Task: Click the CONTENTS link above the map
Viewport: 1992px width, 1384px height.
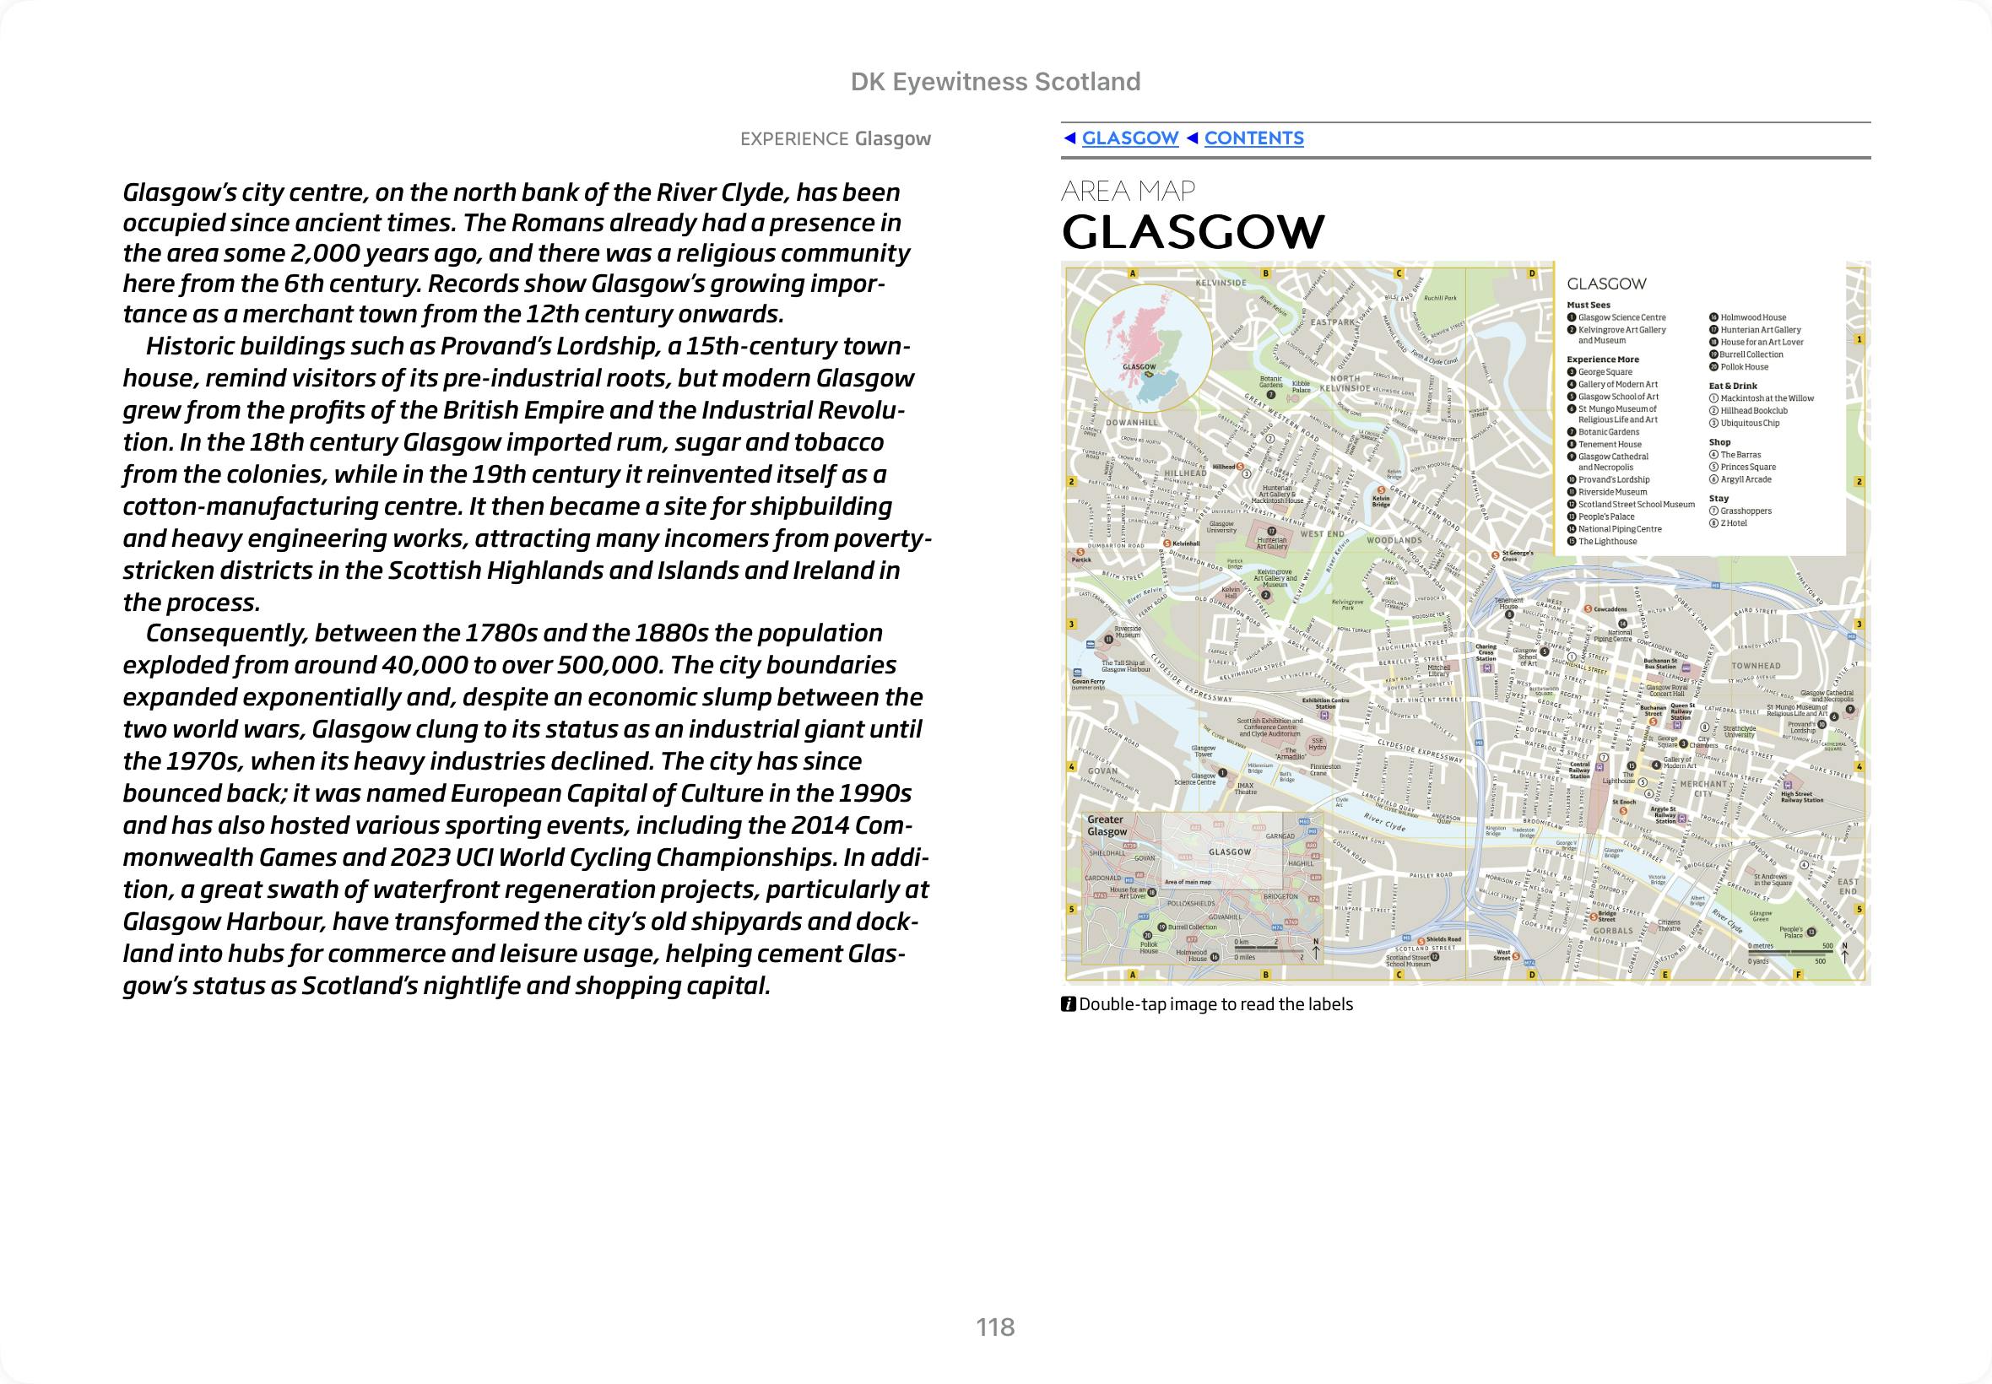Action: click(1253, 138)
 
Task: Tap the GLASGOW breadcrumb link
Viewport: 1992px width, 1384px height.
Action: click(1129, 138)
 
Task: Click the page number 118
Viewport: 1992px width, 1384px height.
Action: click(994, 1327)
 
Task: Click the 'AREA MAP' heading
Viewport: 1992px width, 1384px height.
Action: click(1129, 191)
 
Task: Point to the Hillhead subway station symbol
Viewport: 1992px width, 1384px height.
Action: click(1239, 468)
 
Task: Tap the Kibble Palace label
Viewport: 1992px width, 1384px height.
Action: click(1301, 386)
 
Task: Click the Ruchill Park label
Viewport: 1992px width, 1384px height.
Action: click(1440, 298)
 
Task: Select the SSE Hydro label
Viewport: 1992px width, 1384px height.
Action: click(1318, 744)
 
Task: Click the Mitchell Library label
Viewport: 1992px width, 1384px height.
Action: click(1439, 670)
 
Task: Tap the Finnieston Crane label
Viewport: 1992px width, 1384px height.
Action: click(1325, 769)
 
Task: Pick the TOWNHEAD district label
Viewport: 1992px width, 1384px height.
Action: click(1756, 666)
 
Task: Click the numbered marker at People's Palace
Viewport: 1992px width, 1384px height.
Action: click(1811, 932)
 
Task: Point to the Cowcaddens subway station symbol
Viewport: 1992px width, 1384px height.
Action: click(1587, 609)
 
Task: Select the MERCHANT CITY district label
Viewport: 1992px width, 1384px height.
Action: click(1703, 788)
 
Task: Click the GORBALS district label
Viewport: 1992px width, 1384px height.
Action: click(1612, 931)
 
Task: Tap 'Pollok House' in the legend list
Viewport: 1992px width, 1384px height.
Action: click(1743, 367)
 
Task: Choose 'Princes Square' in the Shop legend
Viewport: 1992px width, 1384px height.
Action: click(1747, 468)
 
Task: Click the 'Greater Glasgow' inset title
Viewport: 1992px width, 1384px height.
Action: click(1107, 825)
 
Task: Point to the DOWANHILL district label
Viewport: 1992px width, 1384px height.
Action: click(1131, 423)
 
